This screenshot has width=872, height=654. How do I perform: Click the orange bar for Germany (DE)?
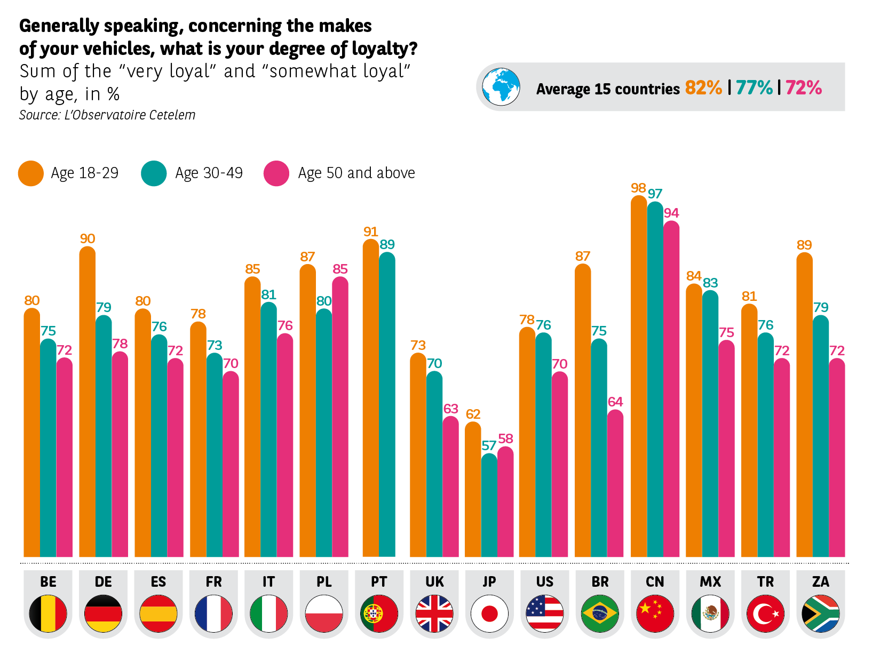point(87,400)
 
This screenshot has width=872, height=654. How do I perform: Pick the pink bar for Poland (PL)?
point(340,416)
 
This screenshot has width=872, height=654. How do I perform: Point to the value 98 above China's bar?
point(638,188)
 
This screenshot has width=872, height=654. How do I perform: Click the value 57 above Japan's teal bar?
point(489,445)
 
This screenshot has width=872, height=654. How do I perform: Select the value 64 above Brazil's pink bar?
point(615,402)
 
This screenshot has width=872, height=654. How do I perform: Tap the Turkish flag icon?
point(765,613)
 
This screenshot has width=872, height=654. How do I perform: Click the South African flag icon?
point(820,613)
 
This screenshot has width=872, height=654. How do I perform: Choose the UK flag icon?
point(434,613)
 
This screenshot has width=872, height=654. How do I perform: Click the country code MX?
point(710,581)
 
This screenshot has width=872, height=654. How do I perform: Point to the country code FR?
point(213,581)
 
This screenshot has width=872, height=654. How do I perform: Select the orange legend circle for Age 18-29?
point(31,173)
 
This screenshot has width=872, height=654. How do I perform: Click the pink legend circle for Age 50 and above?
point(276,173)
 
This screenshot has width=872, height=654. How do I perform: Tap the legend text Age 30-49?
point(209,173)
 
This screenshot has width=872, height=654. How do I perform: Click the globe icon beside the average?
point(501,87)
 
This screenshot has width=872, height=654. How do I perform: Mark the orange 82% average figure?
point(703,87)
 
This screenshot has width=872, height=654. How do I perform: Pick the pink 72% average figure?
point(803,87)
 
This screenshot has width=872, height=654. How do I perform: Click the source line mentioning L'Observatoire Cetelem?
point(107,115)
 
